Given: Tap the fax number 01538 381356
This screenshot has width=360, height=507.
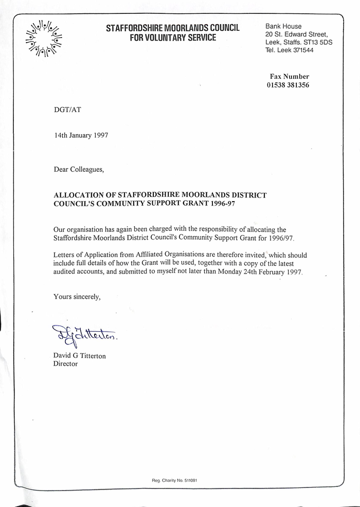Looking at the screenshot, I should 287,85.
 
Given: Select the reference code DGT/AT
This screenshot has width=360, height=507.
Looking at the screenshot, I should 67,110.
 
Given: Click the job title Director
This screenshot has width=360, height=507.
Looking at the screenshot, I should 66,364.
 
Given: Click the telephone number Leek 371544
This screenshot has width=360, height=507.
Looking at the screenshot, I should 295,50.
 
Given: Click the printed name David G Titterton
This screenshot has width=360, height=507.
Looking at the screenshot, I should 80,356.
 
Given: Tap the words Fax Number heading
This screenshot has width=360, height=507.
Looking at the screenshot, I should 290,76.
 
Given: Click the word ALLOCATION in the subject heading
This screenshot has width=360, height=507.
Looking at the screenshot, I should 79,195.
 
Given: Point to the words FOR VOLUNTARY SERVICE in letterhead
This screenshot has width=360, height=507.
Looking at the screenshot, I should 172,38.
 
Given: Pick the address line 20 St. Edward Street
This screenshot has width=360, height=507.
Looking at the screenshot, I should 297,34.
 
